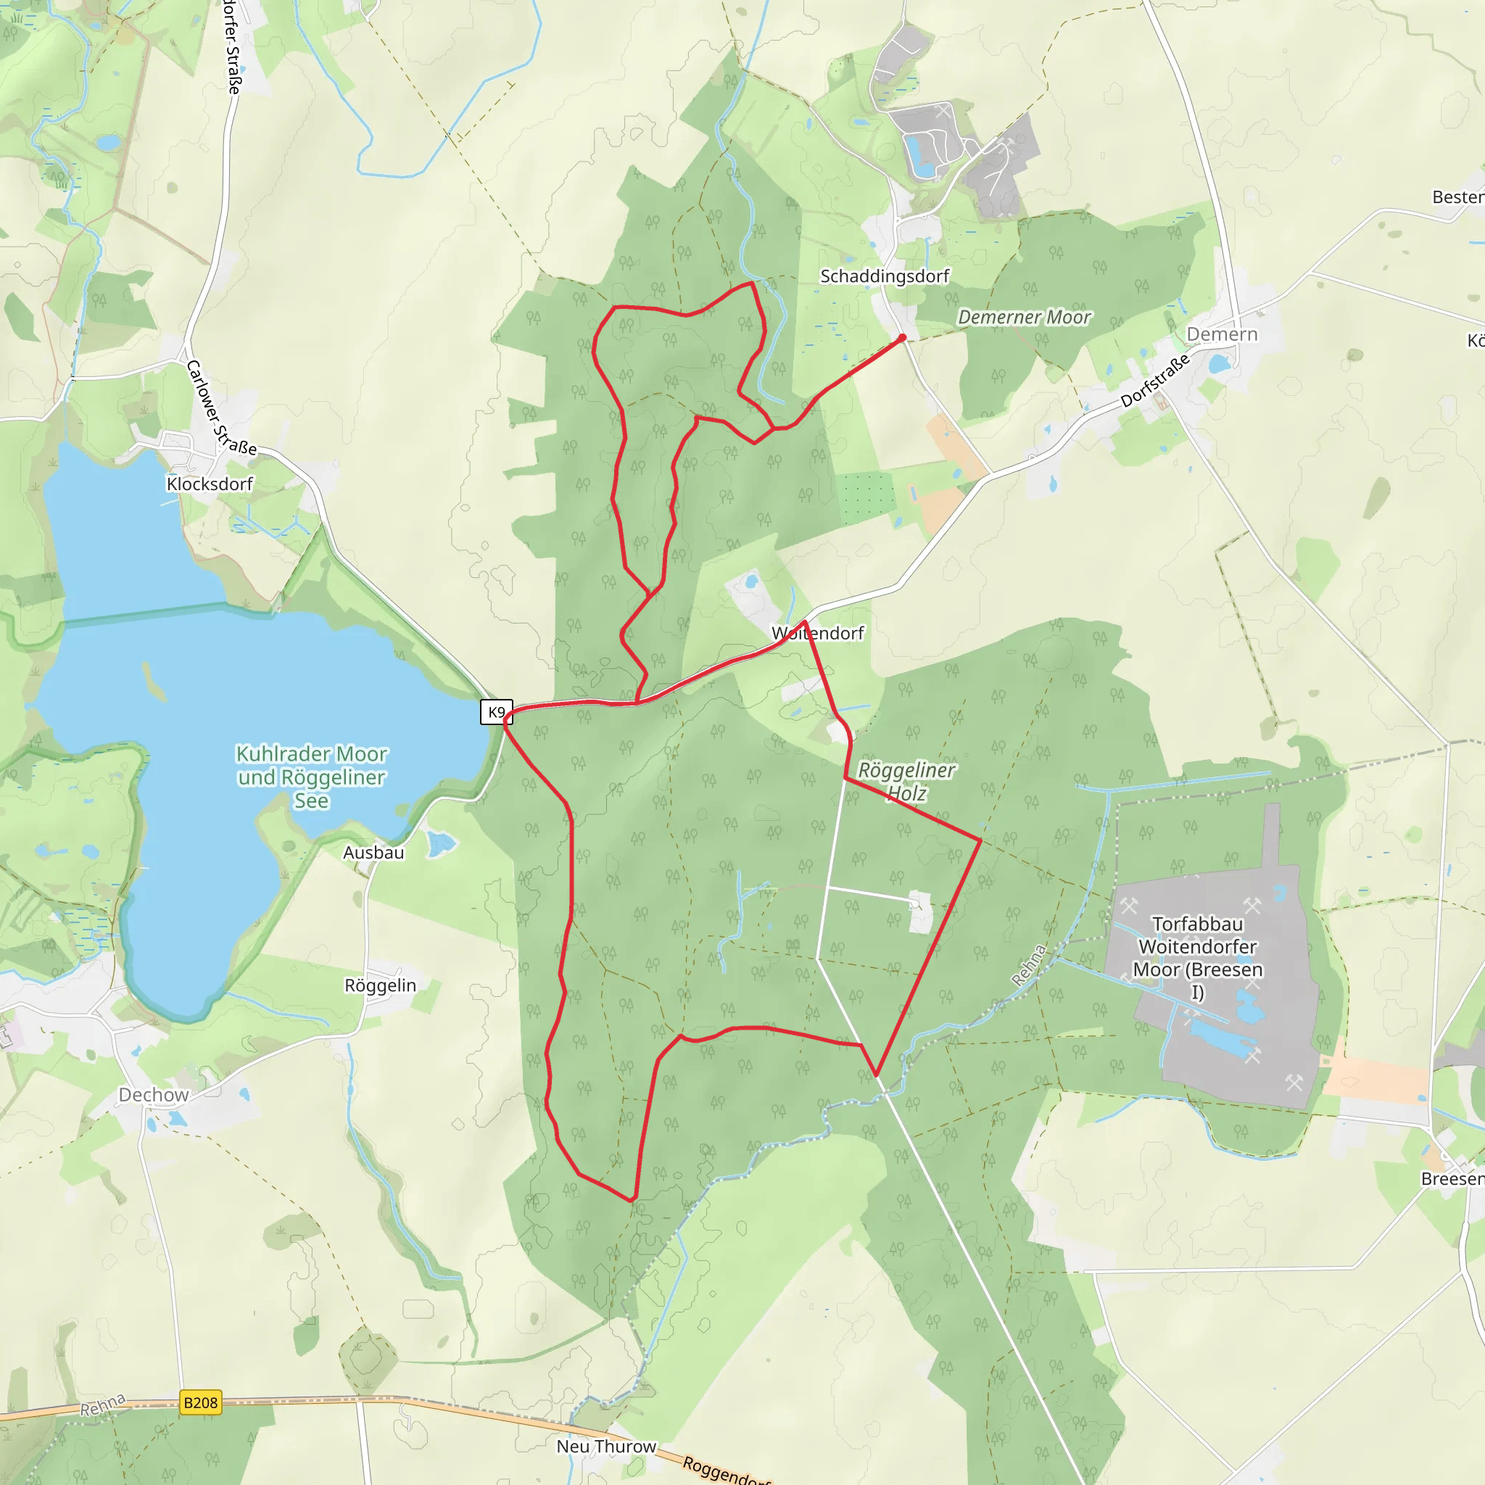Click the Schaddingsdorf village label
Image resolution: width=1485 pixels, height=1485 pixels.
884,276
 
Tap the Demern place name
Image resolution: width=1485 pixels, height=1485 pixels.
1221,334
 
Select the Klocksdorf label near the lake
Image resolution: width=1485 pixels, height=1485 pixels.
209,484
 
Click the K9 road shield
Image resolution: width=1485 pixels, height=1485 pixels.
497,712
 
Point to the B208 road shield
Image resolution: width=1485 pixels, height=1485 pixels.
201,1403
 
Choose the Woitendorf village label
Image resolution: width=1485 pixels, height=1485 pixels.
818,633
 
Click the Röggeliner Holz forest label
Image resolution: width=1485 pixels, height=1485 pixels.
906,781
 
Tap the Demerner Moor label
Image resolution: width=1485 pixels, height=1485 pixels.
1024,318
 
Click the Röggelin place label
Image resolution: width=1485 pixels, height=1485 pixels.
380,986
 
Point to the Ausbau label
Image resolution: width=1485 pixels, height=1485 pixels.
373,853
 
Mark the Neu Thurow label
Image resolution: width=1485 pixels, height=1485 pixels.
605,1447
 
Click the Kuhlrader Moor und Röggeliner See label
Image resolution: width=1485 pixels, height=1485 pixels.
311,777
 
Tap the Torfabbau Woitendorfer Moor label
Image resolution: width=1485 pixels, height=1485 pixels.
1198,958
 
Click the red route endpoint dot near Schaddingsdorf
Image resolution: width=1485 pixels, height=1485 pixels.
902,337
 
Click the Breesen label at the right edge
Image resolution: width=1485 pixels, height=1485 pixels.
1452,1179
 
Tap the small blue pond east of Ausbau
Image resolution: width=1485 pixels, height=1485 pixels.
440,845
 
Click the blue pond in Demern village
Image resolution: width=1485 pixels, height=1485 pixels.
1219,363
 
